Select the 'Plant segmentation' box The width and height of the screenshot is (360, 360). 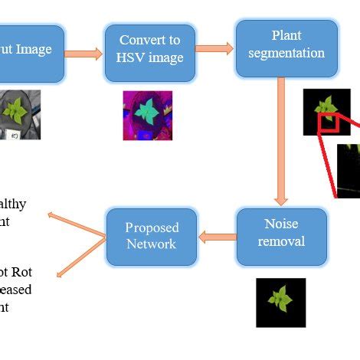(286, 48)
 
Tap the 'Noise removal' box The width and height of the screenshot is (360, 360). (281, 233)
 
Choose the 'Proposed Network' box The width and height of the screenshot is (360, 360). (152, 235)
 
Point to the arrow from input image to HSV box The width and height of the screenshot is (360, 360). (84, 54)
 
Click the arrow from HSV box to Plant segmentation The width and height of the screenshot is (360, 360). (214, 48)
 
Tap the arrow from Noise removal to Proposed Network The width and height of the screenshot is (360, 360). (217, 237)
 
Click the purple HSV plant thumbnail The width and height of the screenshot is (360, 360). (147, 115)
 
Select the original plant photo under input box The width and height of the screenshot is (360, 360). (19, 114)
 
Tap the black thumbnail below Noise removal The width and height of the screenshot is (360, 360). (280, 302)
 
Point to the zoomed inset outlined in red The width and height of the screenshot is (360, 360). (349, 169)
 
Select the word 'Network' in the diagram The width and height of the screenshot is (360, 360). (152, 244)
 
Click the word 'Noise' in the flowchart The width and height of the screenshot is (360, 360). (280, 224)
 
